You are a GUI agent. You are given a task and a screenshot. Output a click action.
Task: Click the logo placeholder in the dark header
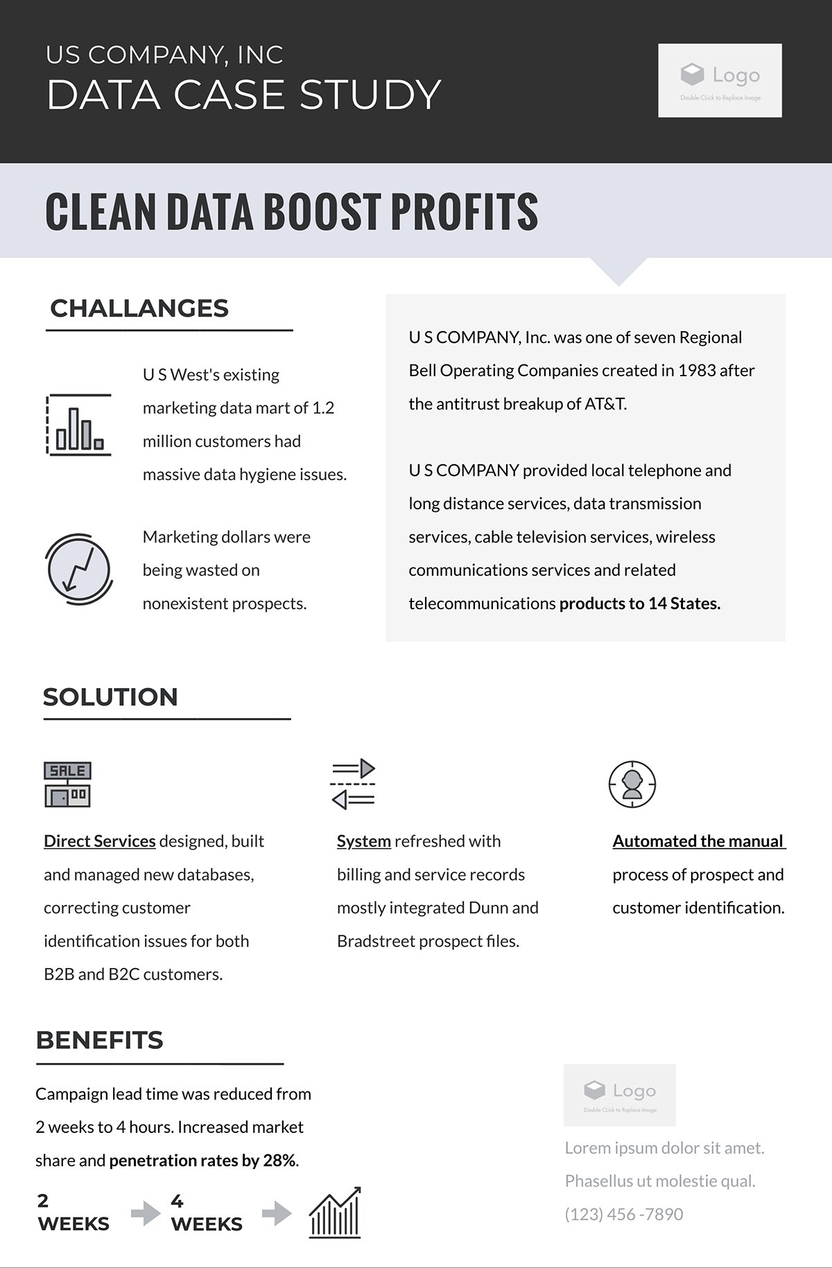[720, 80]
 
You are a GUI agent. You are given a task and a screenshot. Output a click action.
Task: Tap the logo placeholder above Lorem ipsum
[619, 1095]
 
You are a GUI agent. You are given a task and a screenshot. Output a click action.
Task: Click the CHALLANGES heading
[139, 308]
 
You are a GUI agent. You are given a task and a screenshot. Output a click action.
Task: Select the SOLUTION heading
[111, 697]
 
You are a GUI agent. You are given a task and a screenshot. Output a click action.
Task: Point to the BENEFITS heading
[100, 1040]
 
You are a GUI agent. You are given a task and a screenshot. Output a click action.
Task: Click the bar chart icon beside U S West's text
[78, 425]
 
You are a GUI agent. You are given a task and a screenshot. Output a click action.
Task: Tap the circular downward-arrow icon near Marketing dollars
[78, 568]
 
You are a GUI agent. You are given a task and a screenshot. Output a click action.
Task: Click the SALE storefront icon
[67, 784]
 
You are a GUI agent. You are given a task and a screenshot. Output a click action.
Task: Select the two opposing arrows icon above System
[353, 784]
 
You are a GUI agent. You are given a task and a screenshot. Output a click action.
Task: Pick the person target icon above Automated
[632, 784]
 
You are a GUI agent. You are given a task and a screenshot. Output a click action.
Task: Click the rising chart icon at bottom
[336, 1213]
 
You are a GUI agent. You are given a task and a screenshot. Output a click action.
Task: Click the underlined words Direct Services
[100, 841]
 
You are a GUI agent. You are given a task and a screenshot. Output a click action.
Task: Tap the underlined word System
[364, 841]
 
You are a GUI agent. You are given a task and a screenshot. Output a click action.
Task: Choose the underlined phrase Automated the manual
[698, 841]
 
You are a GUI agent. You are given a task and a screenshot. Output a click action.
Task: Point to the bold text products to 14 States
[640, 604]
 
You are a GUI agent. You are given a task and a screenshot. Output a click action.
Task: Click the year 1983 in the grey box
[697, 371]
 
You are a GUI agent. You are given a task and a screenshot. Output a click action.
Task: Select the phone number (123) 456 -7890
[624, 1214]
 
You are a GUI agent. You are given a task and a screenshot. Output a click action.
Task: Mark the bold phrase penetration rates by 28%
[202, 1161]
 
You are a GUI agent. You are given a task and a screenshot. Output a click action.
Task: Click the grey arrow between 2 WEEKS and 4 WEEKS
[145, 1213]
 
